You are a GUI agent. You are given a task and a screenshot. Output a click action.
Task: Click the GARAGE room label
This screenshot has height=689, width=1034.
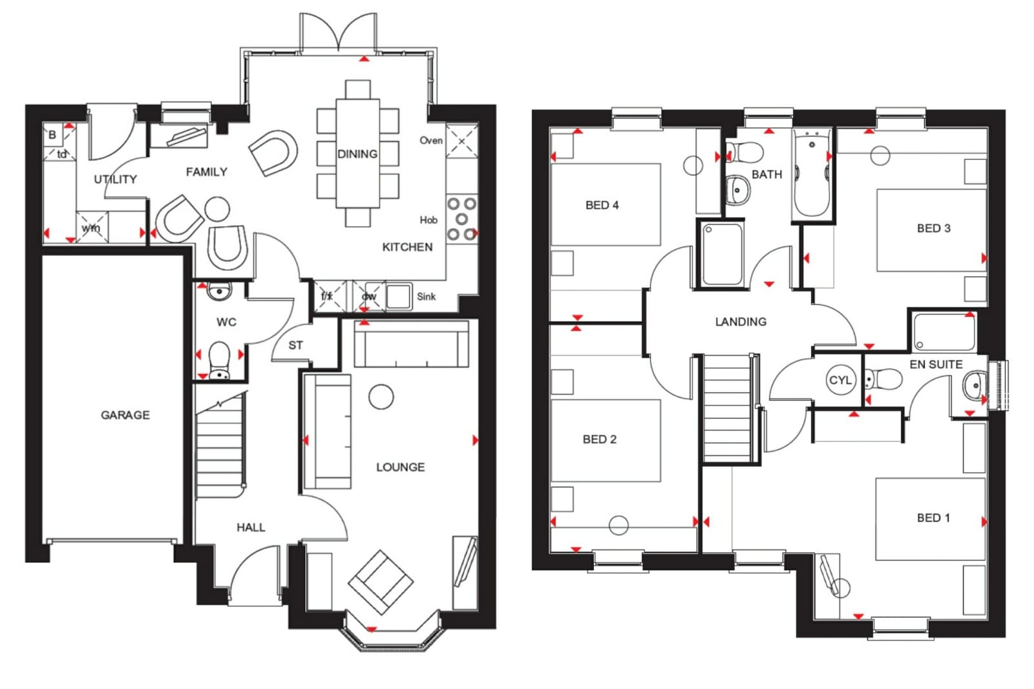coord(125,415)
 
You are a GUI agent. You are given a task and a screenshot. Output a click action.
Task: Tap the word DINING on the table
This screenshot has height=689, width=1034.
coord(357,154)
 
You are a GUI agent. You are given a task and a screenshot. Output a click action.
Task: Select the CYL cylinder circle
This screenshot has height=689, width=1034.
coord(840,380)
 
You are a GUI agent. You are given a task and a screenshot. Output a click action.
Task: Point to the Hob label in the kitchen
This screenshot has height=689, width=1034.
coord(428,220)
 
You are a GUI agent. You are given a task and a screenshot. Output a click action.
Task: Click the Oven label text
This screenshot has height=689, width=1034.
coord(431,140)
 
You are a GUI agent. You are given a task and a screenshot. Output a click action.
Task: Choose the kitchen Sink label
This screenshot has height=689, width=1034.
coord(426,297)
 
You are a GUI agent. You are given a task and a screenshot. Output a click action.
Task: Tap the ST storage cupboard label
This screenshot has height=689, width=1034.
coord(296,345)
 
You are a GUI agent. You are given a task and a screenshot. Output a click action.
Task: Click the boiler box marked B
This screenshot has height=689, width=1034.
coord(52,135)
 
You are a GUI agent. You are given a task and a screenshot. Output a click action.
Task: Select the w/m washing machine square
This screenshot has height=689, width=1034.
coord(92,228)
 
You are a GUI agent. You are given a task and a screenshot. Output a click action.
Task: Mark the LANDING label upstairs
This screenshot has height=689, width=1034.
coord(741,321)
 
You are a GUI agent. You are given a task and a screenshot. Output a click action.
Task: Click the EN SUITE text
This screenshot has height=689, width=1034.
coord(936,365)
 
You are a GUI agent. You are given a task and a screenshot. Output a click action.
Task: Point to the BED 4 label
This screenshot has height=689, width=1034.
coord(602,205)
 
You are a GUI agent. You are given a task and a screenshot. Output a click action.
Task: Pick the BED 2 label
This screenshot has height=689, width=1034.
coord(600,439)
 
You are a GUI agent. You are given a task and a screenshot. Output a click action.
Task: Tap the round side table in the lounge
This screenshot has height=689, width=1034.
coord(381,397)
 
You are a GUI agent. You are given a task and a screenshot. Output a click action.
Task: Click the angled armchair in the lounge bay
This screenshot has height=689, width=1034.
coord(381,582)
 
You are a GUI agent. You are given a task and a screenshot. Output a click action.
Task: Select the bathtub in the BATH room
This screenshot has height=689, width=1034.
coord(812,173)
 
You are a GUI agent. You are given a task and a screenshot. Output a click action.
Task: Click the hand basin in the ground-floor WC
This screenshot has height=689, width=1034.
coord(219,291)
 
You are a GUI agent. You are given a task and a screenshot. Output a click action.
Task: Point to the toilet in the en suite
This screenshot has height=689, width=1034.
coord(883,379)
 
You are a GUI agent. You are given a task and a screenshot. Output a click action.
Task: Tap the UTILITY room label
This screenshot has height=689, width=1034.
coord(116,179)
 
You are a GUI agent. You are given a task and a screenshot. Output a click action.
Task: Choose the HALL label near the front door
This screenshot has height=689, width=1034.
coord(251,527)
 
